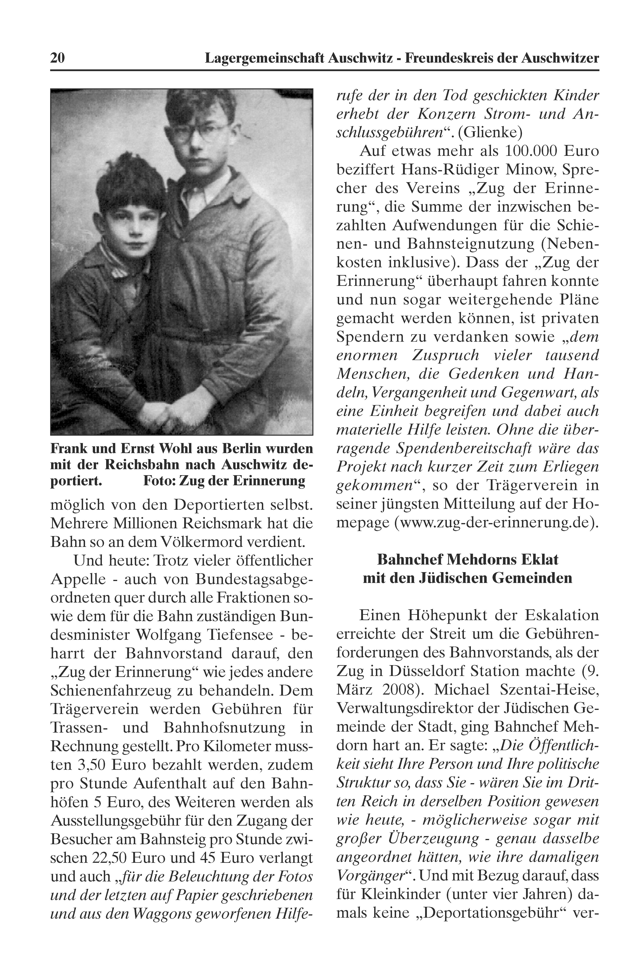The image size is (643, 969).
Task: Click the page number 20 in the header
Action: (x=57, y=58)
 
